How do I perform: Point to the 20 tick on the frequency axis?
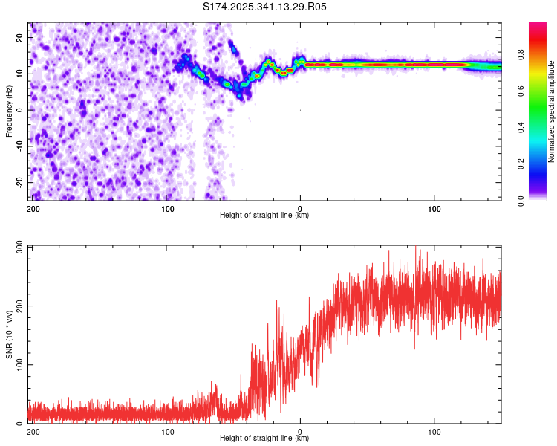[x=20, y=37]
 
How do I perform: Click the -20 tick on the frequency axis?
[x=19, y=182]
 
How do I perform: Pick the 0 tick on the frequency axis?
[x=22, y=110]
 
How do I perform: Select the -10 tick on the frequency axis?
[x=19, y=146]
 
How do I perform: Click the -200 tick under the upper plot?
[x=32, y=208]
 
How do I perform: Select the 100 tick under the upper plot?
[x=435, y=208]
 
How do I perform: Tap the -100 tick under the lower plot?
[x=166, y=431]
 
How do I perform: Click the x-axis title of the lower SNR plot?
[x=264, y=439]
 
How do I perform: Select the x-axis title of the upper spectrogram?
[x=264, y=216]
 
